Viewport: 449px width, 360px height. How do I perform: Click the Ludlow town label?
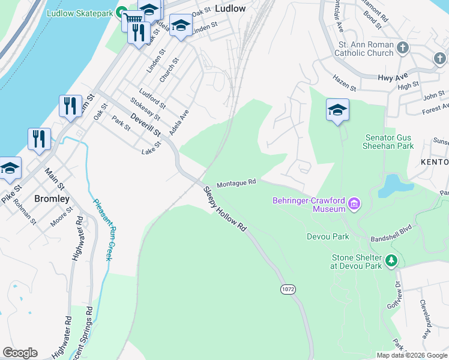point(230,8)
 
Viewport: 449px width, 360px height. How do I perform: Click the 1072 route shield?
point(288,289)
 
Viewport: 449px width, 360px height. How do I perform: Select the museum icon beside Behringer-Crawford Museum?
point(354,205)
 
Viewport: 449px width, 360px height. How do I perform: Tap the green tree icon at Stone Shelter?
point(391,261)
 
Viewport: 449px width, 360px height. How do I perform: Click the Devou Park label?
point(327,236)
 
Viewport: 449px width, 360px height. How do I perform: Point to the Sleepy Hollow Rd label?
point(225,209)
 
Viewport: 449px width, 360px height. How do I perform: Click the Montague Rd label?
point(237,182)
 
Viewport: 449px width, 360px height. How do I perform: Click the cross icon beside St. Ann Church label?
point(403,47)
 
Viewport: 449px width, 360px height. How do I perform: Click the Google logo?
point(20,353)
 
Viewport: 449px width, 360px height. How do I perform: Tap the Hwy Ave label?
point(393,77)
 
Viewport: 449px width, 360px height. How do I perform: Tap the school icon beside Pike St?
point(9,168)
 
